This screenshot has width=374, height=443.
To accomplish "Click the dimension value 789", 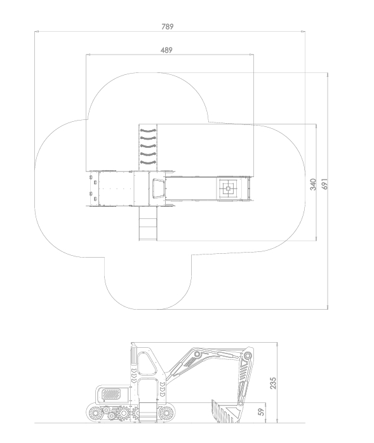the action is [168, 27].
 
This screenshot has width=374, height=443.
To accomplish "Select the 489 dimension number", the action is [166, 50].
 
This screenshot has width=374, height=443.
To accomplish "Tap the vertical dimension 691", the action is [325, 184].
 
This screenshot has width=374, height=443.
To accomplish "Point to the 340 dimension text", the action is [313, 185].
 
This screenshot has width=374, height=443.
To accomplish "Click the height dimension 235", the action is [273, 383].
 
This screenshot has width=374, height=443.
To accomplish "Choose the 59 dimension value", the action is [262, 412].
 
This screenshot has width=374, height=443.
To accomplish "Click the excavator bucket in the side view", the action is [225, 412].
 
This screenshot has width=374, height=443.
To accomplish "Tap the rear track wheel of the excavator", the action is [95, 413].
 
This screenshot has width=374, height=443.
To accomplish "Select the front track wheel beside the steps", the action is [166, 413].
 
